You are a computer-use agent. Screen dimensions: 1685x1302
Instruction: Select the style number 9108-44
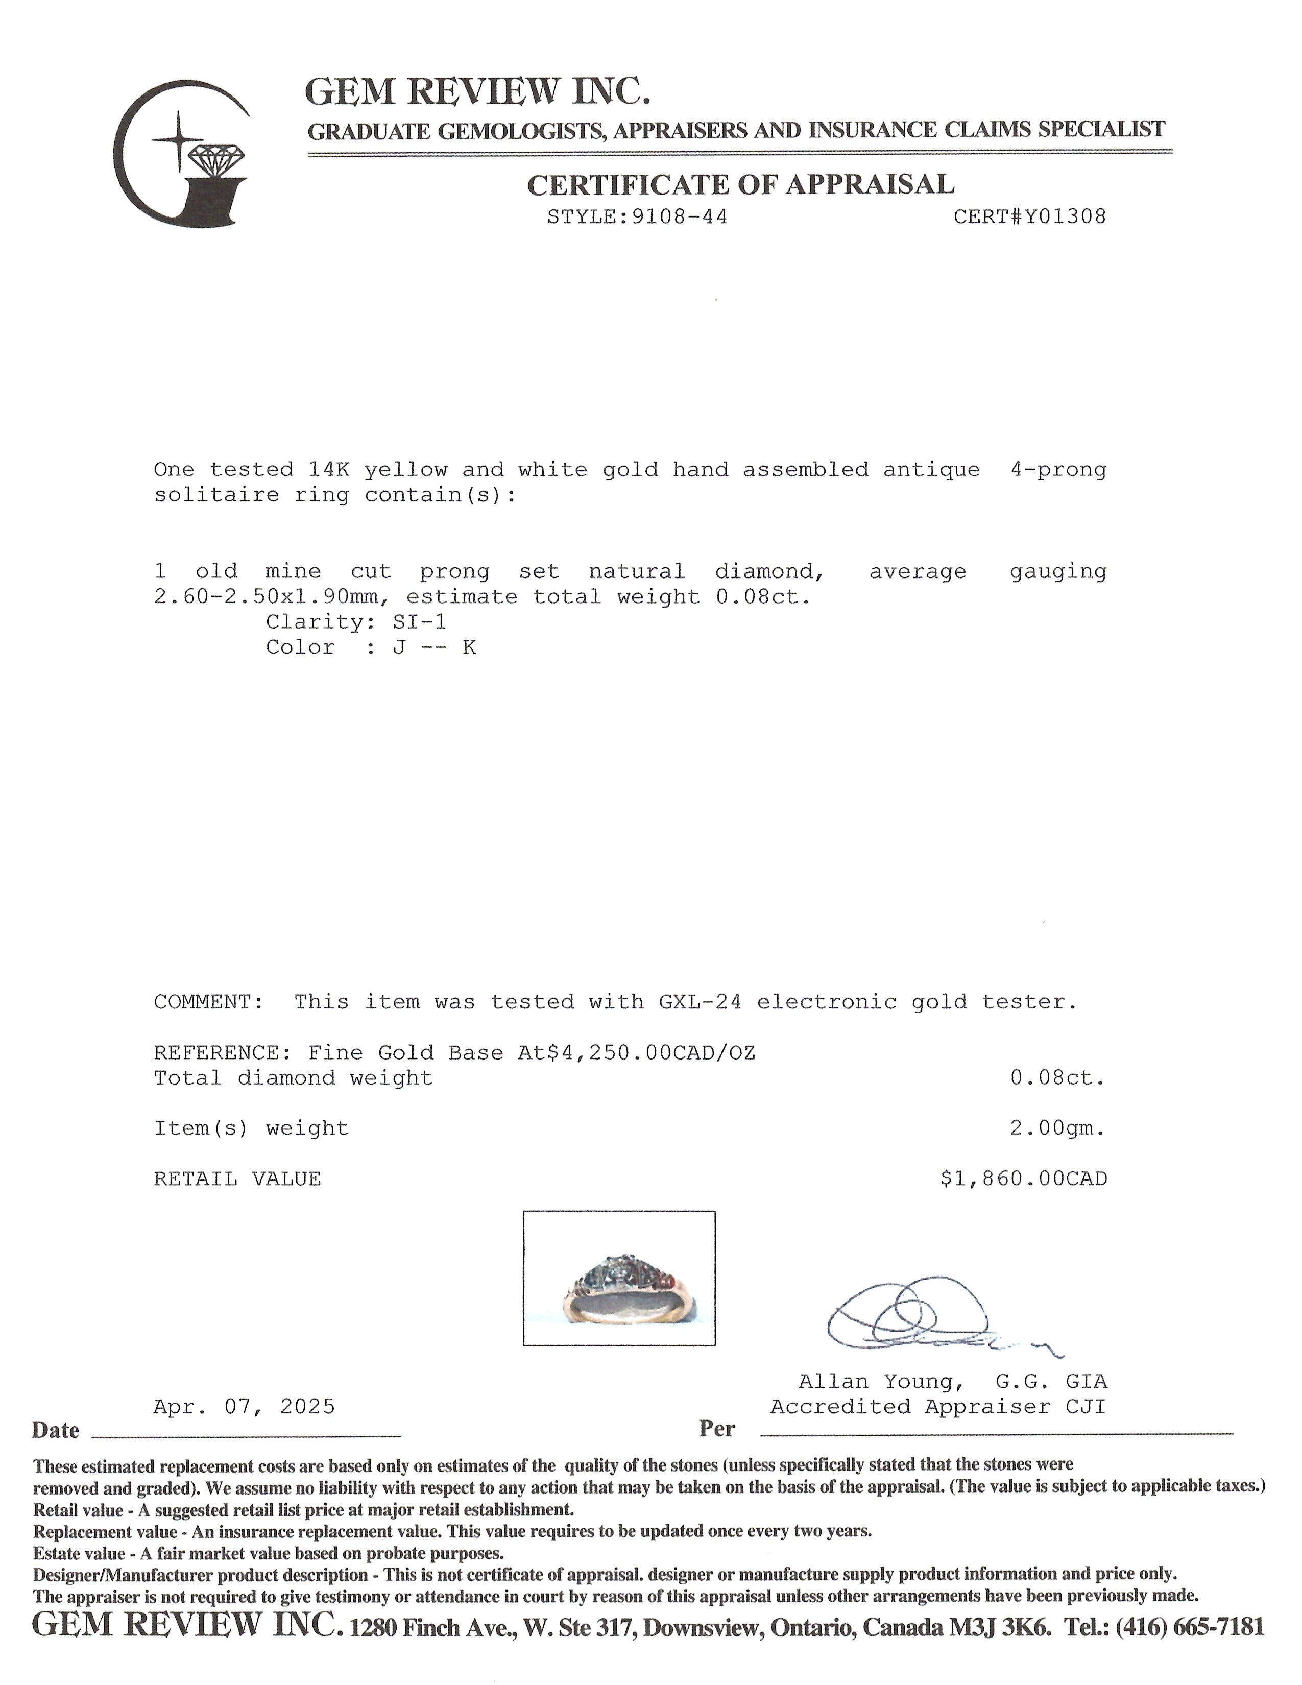680,217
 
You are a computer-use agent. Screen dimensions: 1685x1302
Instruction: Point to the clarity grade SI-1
420,622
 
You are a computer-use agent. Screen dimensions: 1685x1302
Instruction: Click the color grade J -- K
435,647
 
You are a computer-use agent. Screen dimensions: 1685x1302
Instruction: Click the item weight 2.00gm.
1057,1129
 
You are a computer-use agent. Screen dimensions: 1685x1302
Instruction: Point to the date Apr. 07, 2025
245,1407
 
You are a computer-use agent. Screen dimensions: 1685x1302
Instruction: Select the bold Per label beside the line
717,1429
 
